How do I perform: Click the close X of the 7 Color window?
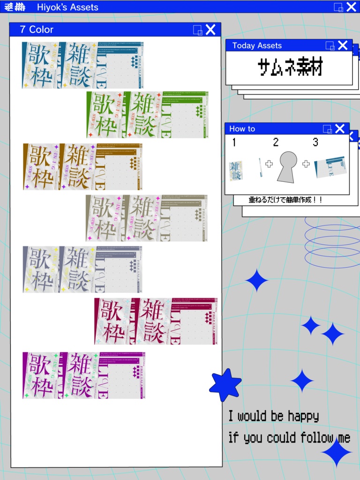pyautogui.click(x=211, y=30)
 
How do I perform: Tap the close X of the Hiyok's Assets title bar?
pyautogui.click(x=351, y=7)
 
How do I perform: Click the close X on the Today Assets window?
pyautogui.click(x=343, y=45)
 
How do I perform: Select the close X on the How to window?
pyautogui.click(x=340, y=128)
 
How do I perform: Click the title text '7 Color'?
pyautogui.click(x=37, y=30)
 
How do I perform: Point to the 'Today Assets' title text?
pyautogui.click(x=257, y=45)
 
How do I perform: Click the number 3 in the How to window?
pyautogui.click(x=315, y=142)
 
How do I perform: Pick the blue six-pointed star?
pyautogui.click(x=225, y=385)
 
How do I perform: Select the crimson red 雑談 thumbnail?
pyautogui.click(x=153, y=321)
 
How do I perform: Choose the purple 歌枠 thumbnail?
pyautogui.click(x=41, y=375)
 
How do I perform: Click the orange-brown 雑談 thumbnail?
pyautogui.click(x=76, y=166)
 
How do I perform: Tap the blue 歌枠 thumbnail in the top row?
pyautogui.click(x=40, y=65)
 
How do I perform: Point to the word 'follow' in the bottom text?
pyautogui.click(x=317, y=438)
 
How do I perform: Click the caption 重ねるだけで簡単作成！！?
pyautogui.click(x=285, y=200)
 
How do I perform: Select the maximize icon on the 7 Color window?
pyautogui.click(x=198, y=30)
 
